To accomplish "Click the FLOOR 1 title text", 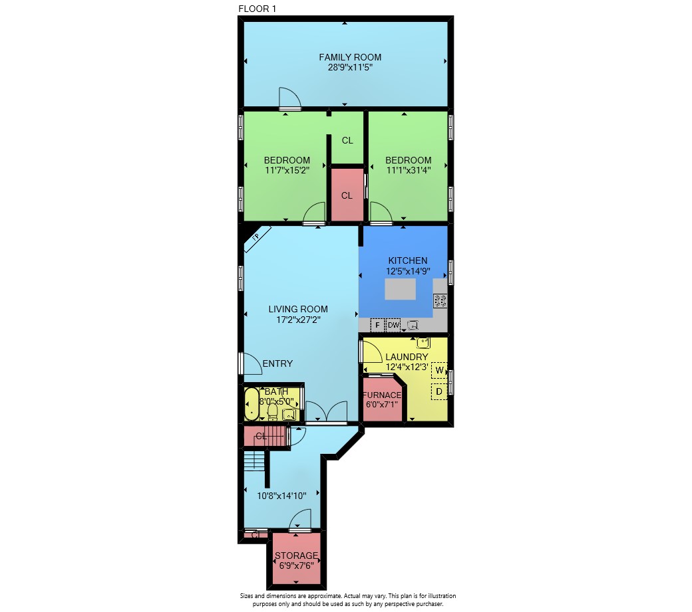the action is tap(258, 9).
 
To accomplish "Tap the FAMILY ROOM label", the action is tap(350, 57).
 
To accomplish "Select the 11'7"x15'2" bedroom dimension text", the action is tap(287, 170).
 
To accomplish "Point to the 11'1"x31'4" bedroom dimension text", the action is tap(409, 170).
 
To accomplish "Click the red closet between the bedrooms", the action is tap(347, 194).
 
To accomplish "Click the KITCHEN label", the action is tap(408, 260).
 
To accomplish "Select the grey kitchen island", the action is tap(401, 290).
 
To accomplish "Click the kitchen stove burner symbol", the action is tap(440, 301).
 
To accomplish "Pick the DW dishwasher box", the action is tap(393, 325).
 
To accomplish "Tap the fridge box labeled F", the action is tap(377, 325).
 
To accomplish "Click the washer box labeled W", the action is tap(439, 370).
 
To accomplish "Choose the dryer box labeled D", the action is tap(439, 391).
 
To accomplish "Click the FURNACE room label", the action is tap(382, 395).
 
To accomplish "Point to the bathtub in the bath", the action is tap(252, 404).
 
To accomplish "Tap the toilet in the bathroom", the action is tap(273, 411).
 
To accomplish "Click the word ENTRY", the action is tap(277, 363).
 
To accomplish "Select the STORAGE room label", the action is tap(296, 556).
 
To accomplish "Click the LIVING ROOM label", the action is tap(298, 309).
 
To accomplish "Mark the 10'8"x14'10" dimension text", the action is tap(281, 496).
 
